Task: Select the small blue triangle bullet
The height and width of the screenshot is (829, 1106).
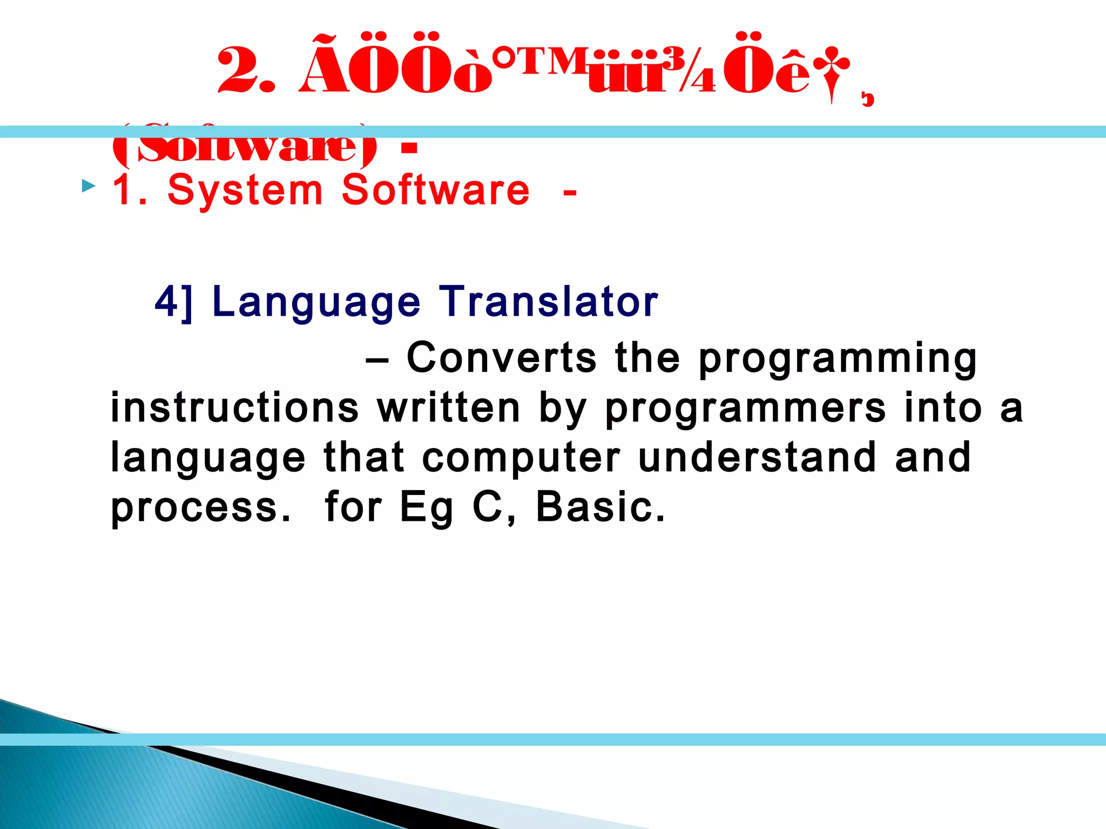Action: tap(88, 187)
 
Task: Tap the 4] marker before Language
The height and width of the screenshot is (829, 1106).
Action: tap(173, 302)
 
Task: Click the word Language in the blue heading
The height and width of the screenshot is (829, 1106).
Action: tap(316, 303)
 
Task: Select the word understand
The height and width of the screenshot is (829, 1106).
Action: tap(756, 457)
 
